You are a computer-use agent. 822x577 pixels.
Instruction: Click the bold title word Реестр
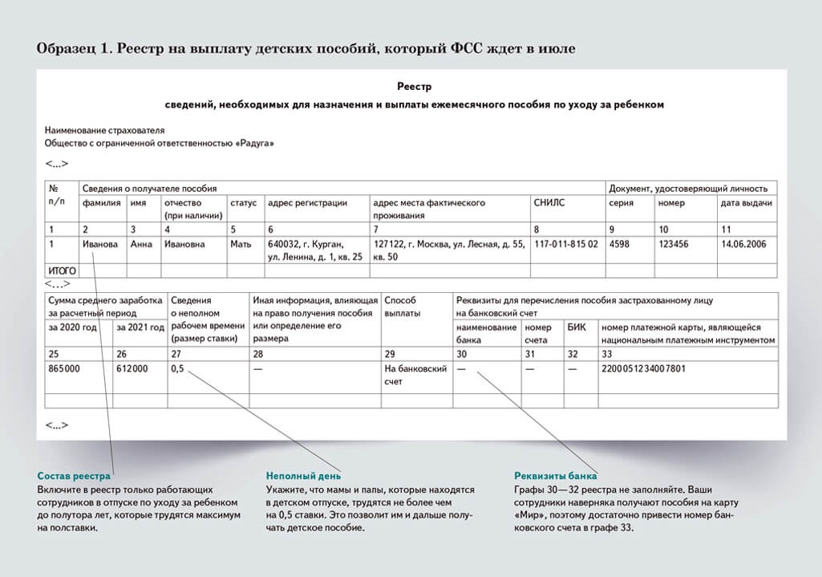pyautogui.click(x=414, y=86)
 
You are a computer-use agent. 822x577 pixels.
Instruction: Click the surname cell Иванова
pyautogui.click(x=99, y=244)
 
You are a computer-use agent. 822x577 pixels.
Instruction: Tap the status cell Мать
pyautogui.click(x=241, y=244)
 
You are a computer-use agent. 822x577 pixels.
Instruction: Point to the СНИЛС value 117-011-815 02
pyautogui.click(x=566, y=244)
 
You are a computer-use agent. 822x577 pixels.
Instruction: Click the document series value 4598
pyautogui.click(x=621, y=244)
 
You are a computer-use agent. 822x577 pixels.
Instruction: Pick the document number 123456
pyautogui.click(x=675, y=244)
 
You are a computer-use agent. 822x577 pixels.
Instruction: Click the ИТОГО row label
pyautogui.click(x=63, y=271)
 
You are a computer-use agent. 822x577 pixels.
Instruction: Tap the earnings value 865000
pyautogui.click(x=65, y=369)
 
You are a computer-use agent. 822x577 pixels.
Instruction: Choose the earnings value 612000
pyautogui.click(x=132, y=369)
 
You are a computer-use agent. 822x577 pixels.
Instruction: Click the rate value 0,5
pyautogui.click(x=178, y=369)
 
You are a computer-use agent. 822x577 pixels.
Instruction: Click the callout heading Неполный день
pyautogui.click(x=303, y=477)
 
